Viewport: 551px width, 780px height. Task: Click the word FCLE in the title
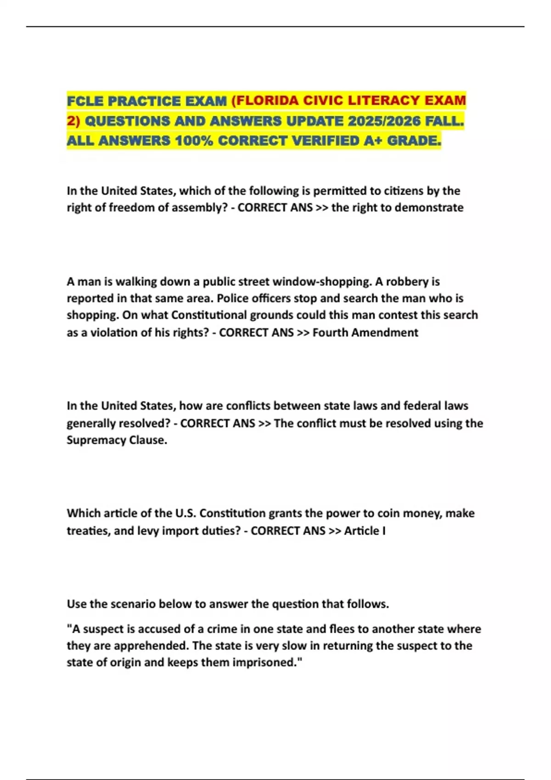(85, 101)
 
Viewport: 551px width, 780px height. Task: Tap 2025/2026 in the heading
(384, 121)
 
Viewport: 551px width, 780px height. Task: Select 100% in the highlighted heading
(193, 141)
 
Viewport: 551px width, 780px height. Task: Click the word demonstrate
(429, 208)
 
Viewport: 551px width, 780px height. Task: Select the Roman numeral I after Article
(384, 531)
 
